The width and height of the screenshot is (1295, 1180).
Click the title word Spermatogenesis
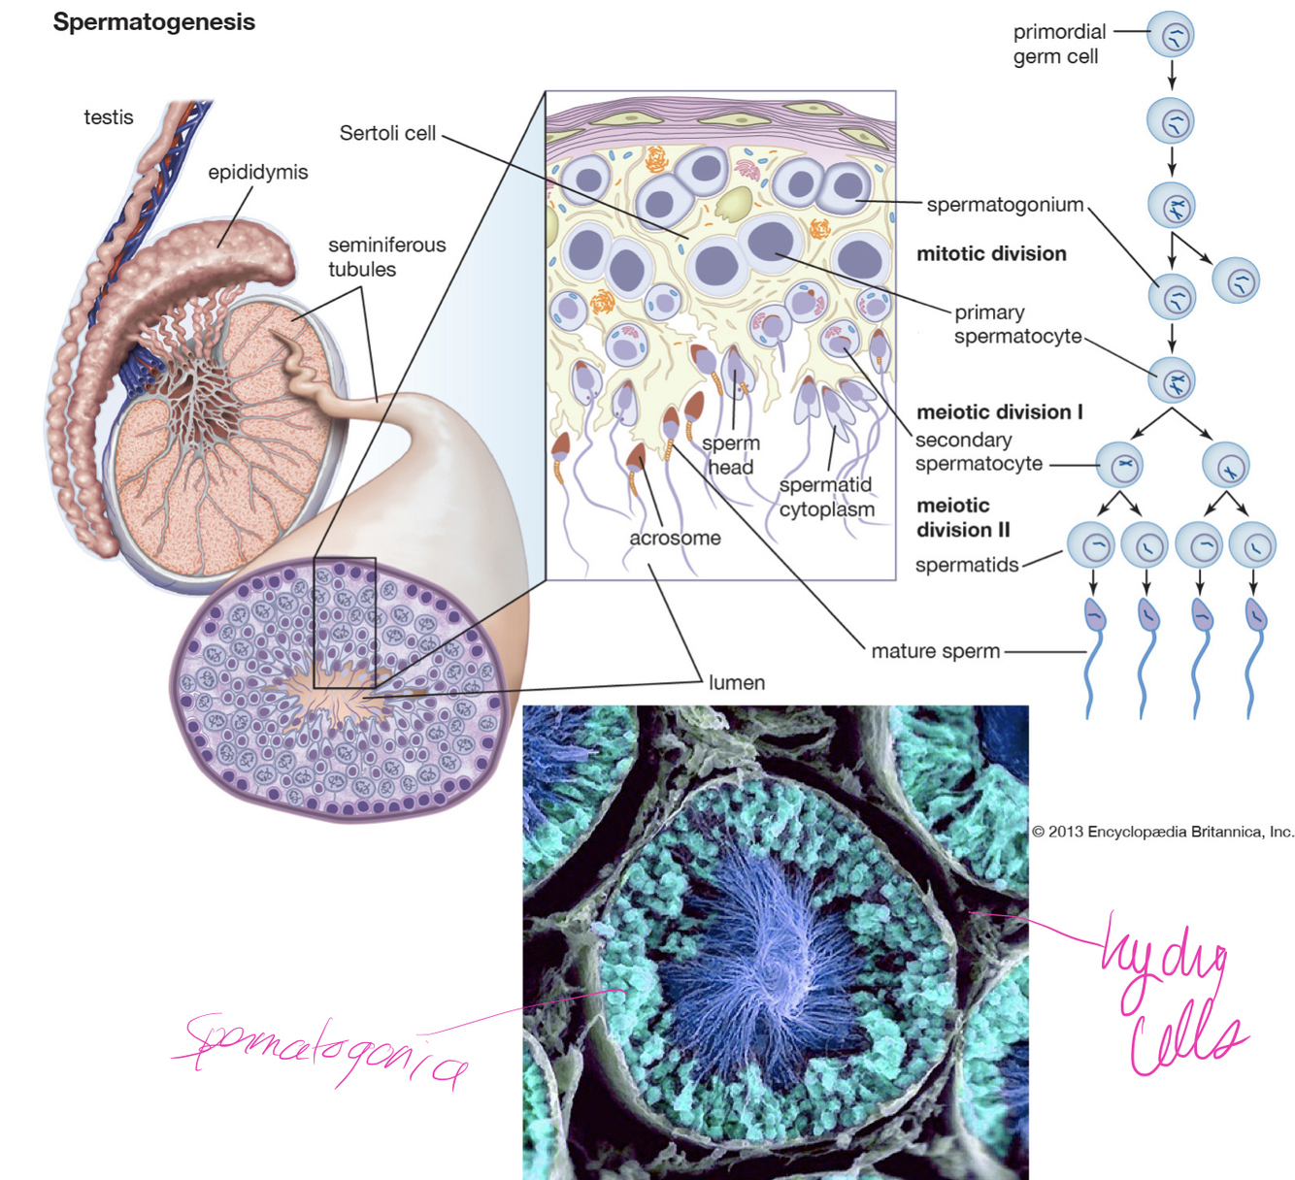pyautogui.click(x=153, y=22)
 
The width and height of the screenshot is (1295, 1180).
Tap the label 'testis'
pyautogui.click(x=108, y=117)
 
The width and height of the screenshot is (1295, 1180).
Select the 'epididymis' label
pyautogui.click(x=257, y=173)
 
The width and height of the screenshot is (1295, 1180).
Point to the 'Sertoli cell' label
pyautogui.click(x=387, y=134)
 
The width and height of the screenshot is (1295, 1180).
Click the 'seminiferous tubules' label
pyautogui.click(x=386, y=257)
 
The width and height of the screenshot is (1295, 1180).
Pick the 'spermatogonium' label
pyautogui.click(x=1005, y=205)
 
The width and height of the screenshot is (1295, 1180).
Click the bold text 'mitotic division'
pyautogui.click(x=991, y=254)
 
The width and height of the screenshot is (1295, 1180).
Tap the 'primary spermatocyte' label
pyautogui.click(x=1016, y=324)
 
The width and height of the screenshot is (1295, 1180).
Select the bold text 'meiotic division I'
pyautogui.click(x=999, y=412)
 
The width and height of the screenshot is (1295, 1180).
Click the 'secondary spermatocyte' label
pyautogui.click(x=979, y=452)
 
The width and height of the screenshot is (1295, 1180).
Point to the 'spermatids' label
pyautogui.click(x=967, y=565)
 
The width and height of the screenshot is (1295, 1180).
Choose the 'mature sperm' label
pyautogui.click(x=935, y=651)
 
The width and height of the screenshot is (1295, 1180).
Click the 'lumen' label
pyautogui.click(x=736, y=683)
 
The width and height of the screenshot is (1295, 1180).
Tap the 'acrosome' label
pyautogui.click(x=675, y=539)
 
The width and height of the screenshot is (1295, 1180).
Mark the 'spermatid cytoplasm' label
pyautogui.click(x=826, y=497)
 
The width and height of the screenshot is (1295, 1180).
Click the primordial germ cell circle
pyautogui.click(x=1171, y=36)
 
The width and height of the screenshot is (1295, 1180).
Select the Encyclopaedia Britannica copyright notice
pyautogui.click(x=1162, y=832)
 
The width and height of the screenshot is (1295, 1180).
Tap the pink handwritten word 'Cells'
pyautogui.click(x=1184, y=1043)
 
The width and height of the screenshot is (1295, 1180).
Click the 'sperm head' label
pyautogui.click(x=730, y=455)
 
